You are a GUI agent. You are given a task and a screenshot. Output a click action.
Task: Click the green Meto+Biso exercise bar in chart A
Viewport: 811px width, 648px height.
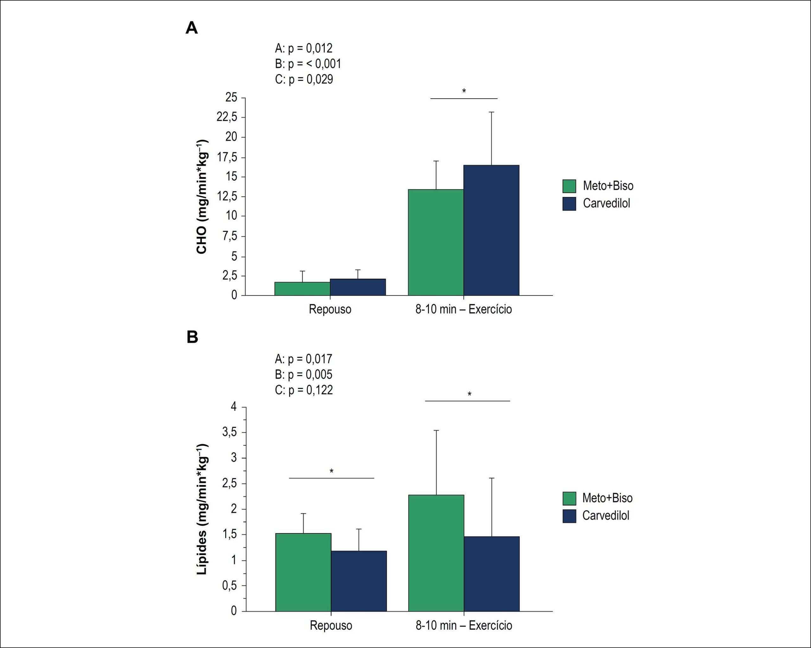coord(436,242)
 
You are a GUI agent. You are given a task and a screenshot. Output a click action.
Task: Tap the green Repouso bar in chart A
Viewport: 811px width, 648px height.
coord(303,289)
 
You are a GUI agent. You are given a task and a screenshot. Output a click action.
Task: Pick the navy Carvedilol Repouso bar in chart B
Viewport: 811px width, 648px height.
coord(359,581)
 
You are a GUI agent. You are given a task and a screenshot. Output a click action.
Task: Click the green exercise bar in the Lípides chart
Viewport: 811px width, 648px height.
coord(436,553)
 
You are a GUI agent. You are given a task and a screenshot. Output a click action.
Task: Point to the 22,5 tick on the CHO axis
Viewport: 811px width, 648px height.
coord(227,117)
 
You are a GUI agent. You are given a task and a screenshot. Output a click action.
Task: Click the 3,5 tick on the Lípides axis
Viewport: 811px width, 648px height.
coord(229,432)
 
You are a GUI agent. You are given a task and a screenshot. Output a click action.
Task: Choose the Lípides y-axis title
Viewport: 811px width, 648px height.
coord(202,509)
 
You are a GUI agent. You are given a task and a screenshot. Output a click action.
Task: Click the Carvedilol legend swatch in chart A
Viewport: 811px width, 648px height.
coord(569,204)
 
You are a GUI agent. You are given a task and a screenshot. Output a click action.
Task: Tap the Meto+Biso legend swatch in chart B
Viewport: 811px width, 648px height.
coord(569,498)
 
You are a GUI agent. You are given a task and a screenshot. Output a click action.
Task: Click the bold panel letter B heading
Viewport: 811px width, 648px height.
coord(192,337)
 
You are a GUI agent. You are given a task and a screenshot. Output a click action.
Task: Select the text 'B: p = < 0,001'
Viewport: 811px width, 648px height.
coord(308,64)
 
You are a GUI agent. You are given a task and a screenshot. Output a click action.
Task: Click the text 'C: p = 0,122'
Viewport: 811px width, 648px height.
coord(304,390)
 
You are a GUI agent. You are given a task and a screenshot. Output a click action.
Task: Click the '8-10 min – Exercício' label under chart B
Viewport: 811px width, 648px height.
coord(464,625)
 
